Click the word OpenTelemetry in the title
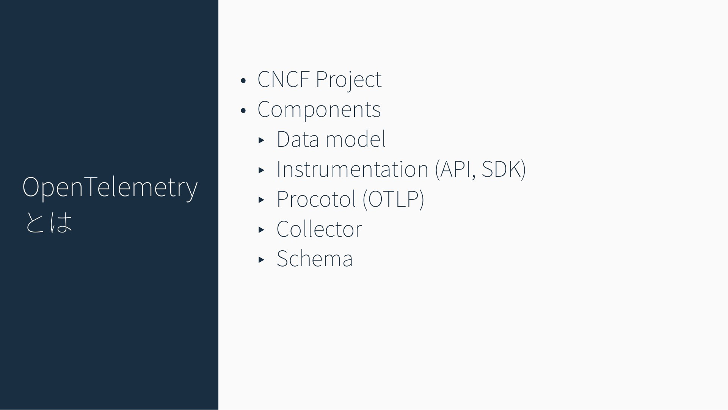(x=110, y=187)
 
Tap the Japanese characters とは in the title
(x=49, y=222)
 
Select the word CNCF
(x=283, y=79)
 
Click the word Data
(x=298, y=139)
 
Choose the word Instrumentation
(x=352, y=169)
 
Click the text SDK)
(x=504, y=170)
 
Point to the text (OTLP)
(x=393, y=199)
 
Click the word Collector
(x=319, y=229)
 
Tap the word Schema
(x=315, y=259)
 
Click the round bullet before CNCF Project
(x=243, y=80)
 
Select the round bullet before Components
(x=243, y=110)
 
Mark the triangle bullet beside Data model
(x=261, y=140)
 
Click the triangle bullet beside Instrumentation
(x=261, y=170)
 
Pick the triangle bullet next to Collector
(x=261, y=230)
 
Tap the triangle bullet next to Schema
(x=261, y=260)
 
